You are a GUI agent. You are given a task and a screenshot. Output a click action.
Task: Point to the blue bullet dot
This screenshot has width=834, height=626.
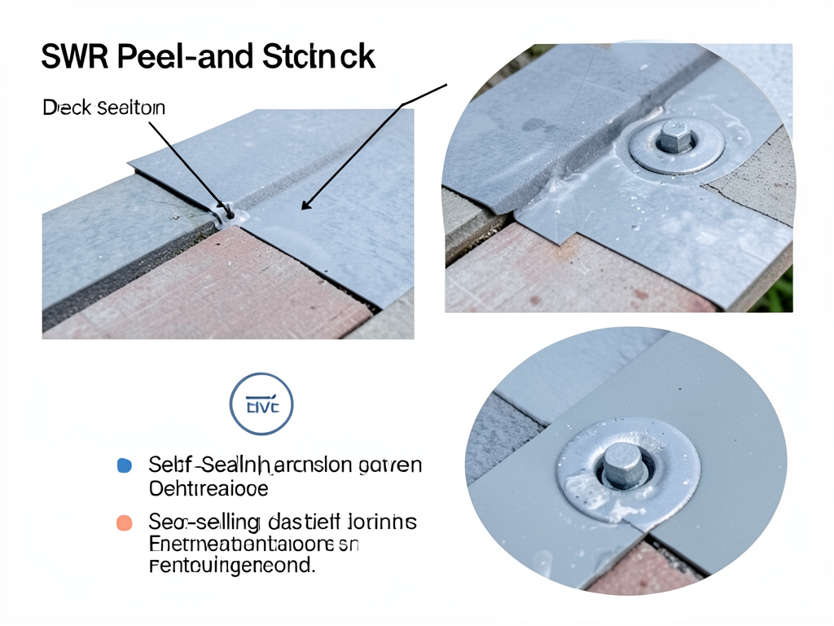pyautogui.click(x=125, y=465)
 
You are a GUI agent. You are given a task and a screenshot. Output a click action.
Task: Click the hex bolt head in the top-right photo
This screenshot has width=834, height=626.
pyautogui.click(x=675, y=135)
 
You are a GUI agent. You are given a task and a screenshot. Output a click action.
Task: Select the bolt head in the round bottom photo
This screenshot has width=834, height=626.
pyautogui.click(x=623, y=466)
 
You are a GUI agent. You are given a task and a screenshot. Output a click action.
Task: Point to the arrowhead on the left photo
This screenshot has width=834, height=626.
pyautogui.click(x=305, y=206)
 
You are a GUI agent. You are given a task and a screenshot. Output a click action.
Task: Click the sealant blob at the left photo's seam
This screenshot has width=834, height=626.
pyautogui.click(x=229, y=214)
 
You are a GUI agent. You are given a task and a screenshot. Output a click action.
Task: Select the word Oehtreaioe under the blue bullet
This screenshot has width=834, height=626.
pyautogui.click(x=208, y=488)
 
